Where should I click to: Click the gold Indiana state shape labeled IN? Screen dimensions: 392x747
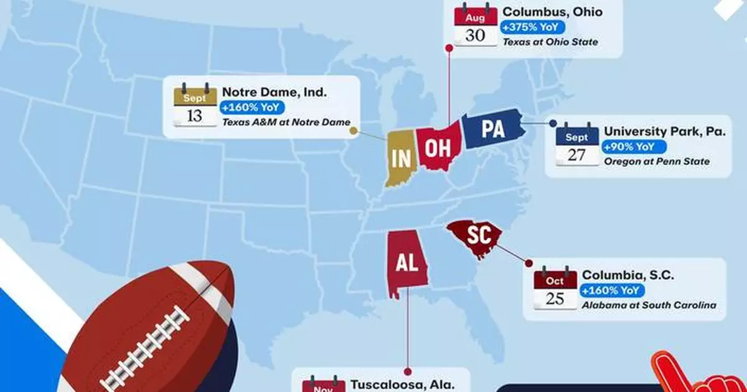pos(400,158)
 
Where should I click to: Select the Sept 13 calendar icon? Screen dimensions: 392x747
pos(195,105)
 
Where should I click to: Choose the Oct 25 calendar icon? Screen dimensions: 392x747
pos(555,289)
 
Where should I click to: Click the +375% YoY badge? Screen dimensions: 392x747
pos(526,27)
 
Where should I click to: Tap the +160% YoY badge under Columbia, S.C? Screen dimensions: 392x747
pos(611,290)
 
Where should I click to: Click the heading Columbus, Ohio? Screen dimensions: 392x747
pos(552,12)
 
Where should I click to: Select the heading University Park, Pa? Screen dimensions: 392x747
pos(664,132)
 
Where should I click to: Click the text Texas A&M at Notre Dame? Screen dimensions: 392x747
pos(286,122)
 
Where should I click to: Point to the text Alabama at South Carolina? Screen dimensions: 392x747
pos(648,305)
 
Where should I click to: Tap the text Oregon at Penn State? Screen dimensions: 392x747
pos(656,162)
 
